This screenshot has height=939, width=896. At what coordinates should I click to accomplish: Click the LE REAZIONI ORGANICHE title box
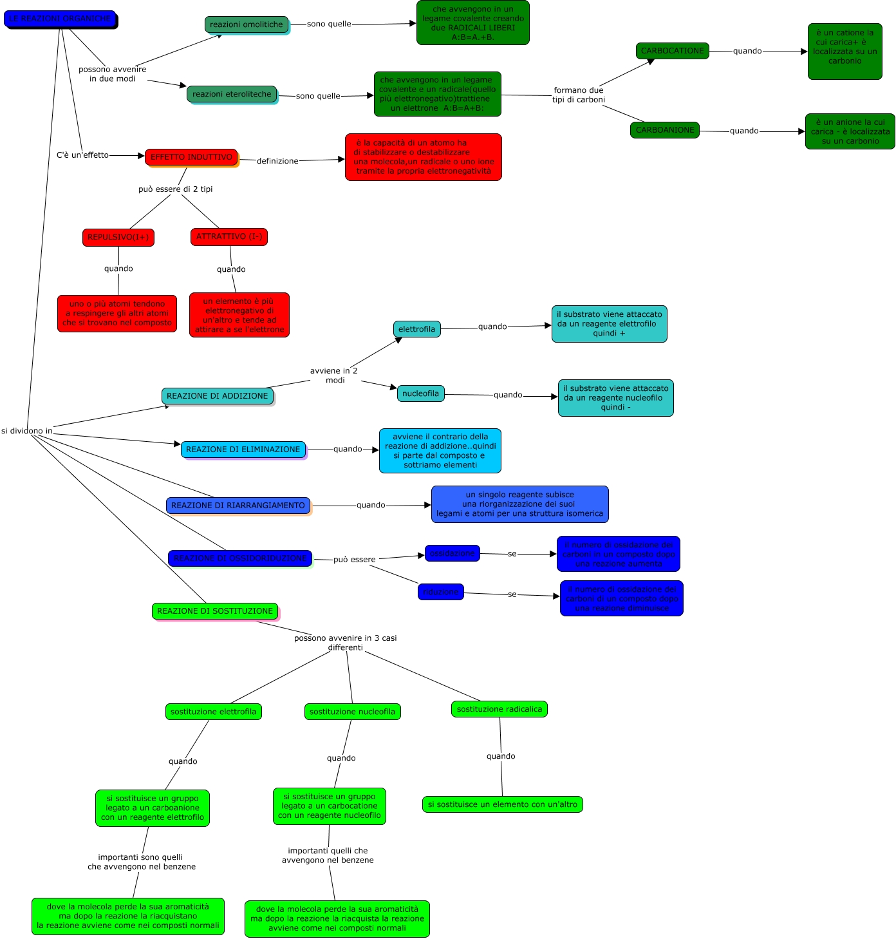[60, 19]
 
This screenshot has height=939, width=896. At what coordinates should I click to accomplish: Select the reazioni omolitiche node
[247, 24]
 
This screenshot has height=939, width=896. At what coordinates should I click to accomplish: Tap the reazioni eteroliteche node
[232, 94]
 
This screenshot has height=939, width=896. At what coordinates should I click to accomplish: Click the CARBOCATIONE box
[672, 51]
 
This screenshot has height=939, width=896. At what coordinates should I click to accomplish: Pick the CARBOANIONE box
[665, 130]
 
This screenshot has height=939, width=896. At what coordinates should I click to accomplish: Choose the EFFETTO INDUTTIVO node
[191, 157]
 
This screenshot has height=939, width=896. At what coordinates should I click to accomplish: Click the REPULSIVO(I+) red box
[118, 237]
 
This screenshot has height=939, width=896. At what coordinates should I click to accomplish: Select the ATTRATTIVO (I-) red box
[229, 236]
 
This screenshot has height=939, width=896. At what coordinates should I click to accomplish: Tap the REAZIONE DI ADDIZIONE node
[218, 396]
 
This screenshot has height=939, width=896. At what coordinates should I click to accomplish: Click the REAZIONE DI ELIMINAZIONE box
[243, 450]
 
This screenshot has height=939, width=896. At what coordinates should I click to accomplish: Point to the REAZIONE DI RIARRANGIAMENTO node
[238, 506]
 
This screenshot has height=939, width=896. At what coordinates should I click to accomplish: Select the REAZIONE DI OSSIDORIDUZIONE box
[240, 558]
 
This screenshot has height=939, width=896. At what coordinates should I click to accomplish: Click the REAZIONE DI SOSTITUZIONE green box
[215, 611]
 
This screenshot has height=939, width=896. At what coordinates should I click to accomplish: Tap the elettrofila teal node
[417, 329]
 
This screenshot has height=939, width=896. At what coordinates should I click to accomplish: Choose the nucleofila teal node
[421, 394]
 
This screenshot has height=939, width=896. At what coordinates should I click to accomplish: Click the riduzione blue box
[441, 592]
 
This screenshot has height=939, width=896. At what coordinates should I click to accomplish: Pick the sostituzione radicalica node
[499, 709]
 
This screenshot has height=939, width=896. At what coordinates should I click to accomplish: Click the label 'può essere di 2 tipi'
[175, 189]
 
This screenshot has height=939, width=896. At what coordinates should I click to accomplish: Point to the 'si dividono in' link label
[27, 431]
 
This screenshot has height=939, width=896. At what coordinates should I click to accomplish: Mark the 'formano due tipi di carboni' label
[579, 95]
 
